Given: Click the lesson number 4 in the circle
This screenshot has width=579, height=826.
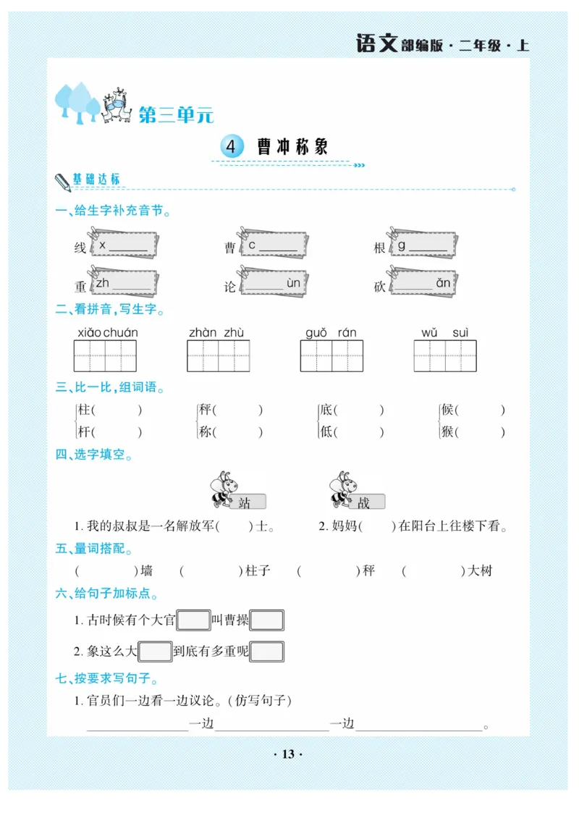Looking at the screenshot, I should pos(231,147).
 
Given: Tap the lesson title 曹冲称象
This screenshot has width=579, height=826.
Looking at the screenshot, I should pos(292,147).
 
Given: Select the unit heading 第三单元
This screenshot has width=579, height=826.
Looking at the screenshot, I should pos(176,114).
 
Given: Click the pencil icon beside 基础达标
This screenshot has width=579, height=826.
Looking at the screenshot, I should pos(62,182).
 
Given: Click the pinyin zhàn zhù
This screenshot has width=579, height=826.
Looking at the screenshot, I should pos(216,333).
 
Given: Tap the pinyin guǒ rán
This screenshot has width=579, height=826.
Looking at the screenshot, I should pos(331,333).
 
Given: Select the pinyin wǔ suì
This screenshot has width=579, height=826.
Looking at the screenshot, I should pos(445,333).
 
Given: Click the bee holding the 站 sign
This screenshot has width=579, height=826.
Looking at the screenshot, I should pos(221,489).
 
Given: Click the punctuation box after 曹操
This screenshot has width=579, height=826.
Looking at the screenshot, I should pos(266,620).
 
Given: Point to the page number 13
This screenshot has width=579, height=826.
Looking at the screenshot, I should pos(288,754).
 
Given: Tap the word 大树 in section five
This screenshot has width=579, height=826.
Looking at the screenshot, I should pos(480,570).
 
